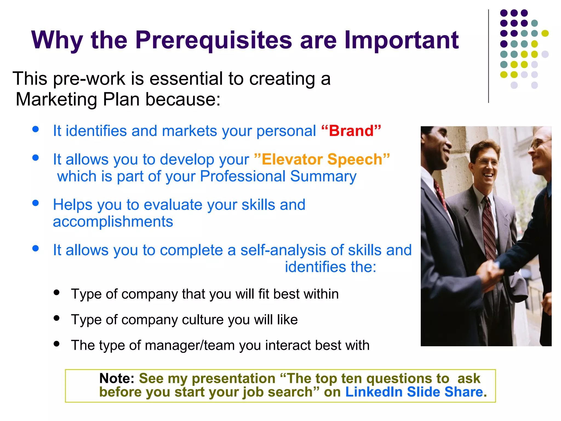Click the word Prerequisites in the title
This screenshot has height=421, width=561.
point(214,41)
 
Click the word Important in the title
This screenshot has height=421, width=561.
point(401,41)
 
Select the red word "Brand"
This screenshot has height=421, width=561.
point(351,131)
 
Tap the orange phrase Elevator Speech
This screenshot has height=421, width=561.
point(322,160)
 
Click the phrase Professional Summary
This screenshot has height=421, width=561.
point(278,176)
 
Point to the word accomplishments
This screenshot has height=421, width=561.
point(113,221)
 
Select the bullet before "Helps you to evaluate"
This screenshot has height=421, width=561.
point(35,203)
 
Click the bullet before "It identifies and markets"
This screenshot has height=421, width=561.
point(35,129)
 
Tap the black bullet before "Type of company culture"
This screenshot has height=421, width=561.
point(57,318)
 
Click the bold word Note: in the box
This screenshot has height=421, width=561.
point(117,379)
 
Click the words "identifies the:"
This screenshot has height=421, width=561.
point(331,267)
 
